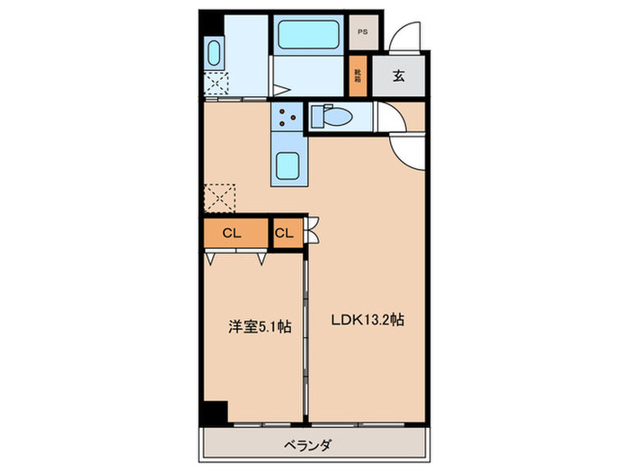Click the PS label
(363, 32)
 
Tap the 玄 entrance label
(397, 76)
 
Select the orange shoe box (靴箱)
(358, 76)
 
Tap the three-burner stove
(287, 116)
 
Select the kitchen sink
(288, 165)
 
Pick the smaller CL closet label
(284, 234)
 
